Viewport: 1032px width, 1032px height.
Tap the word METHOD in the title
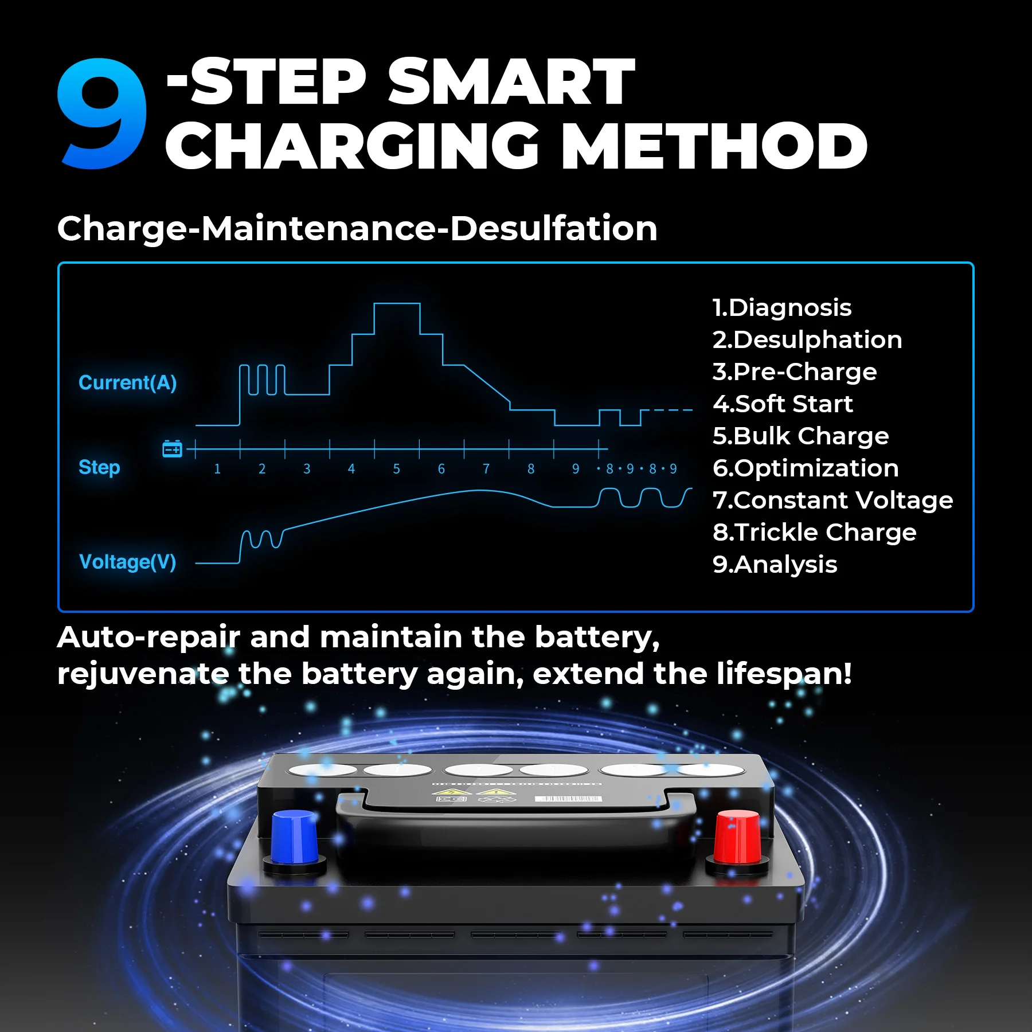[714, 146]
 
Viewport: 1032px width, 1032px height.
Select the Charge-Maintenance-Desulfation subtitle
[357, 228]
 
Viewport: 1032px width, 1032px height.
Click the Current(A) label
[127, 382]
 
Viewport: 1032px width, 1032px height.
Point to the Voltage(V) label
[127, 562]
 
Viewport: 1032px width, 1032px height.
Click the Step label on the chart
[99, 467]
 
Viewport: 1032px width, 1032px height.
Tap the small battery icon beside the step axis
[172, 449]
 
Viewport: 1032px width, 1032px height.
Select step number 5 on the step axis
[396, 469]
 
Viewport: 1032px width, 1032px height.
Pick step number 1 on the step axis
[217, 469]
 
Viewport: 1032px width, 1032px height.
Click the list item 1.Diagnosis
[782, 308]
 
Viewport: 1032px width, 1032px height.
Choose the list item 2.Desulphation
[807, 340]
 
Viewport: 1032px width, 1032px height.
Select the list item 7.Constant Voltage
[832, 501]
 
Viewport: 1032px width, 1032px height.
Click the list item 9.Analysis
[775, 565]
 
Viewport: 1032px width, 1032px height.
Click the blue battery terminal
[294, 837]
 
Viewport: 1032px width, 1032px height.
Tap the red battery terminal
[738, 837]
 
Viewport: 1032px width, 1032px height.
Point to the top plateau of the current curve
[397, 304]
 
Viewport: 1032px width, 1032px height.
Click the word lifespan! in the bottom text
[784, 674]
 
